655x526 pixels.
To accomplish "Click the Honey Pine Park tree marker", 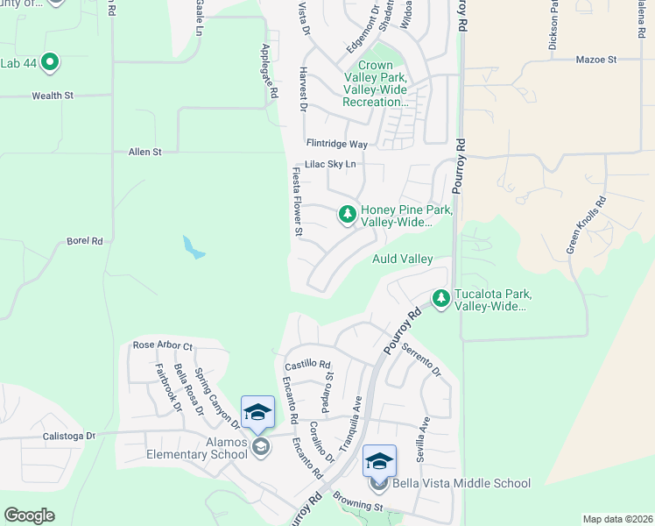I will pos(348,214).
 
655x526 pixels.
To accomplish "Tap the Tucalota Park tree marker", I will pos(441,299).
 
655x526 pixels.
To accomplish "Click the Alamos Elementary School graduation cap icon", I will pos(258,412).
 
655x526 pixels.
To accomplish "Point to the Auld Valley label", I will pos(402,259).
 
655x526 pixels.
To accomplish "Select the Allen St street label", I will pos(145,152).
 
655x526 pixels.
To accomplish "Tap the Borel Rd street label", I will pos(85,240).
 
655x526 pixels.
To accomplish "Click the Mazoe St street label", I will pos(596,60).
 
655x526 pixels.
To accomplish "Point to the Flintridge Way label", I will pos(336,143).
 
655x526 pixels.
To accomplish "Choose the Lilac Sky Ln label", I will pos(330,164).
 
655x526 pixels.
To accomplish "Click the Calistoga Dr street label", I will pos(74,436).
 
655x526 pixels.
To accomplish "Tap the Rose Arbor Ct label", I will pos(162,345).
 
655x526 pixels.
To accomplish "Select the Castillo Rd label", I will pos(307,364).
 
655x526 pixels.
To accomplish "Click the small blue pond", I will pos(193,247).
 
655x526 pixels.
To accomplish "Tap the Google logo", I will pos(29,515).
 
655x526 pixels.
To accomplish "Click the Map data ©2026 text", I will pos(616,519).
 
